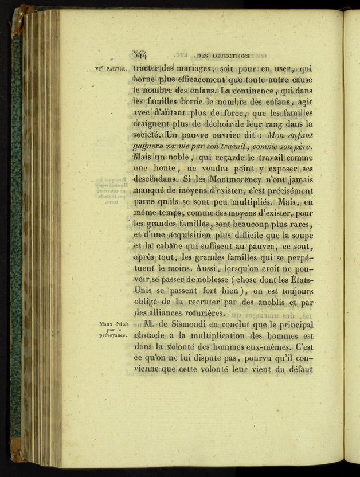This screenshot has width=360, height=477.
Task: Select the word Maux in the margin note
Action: click(x=104, y=324)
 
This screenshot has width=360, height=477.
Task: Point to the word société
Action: click(x=147, y=136)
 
